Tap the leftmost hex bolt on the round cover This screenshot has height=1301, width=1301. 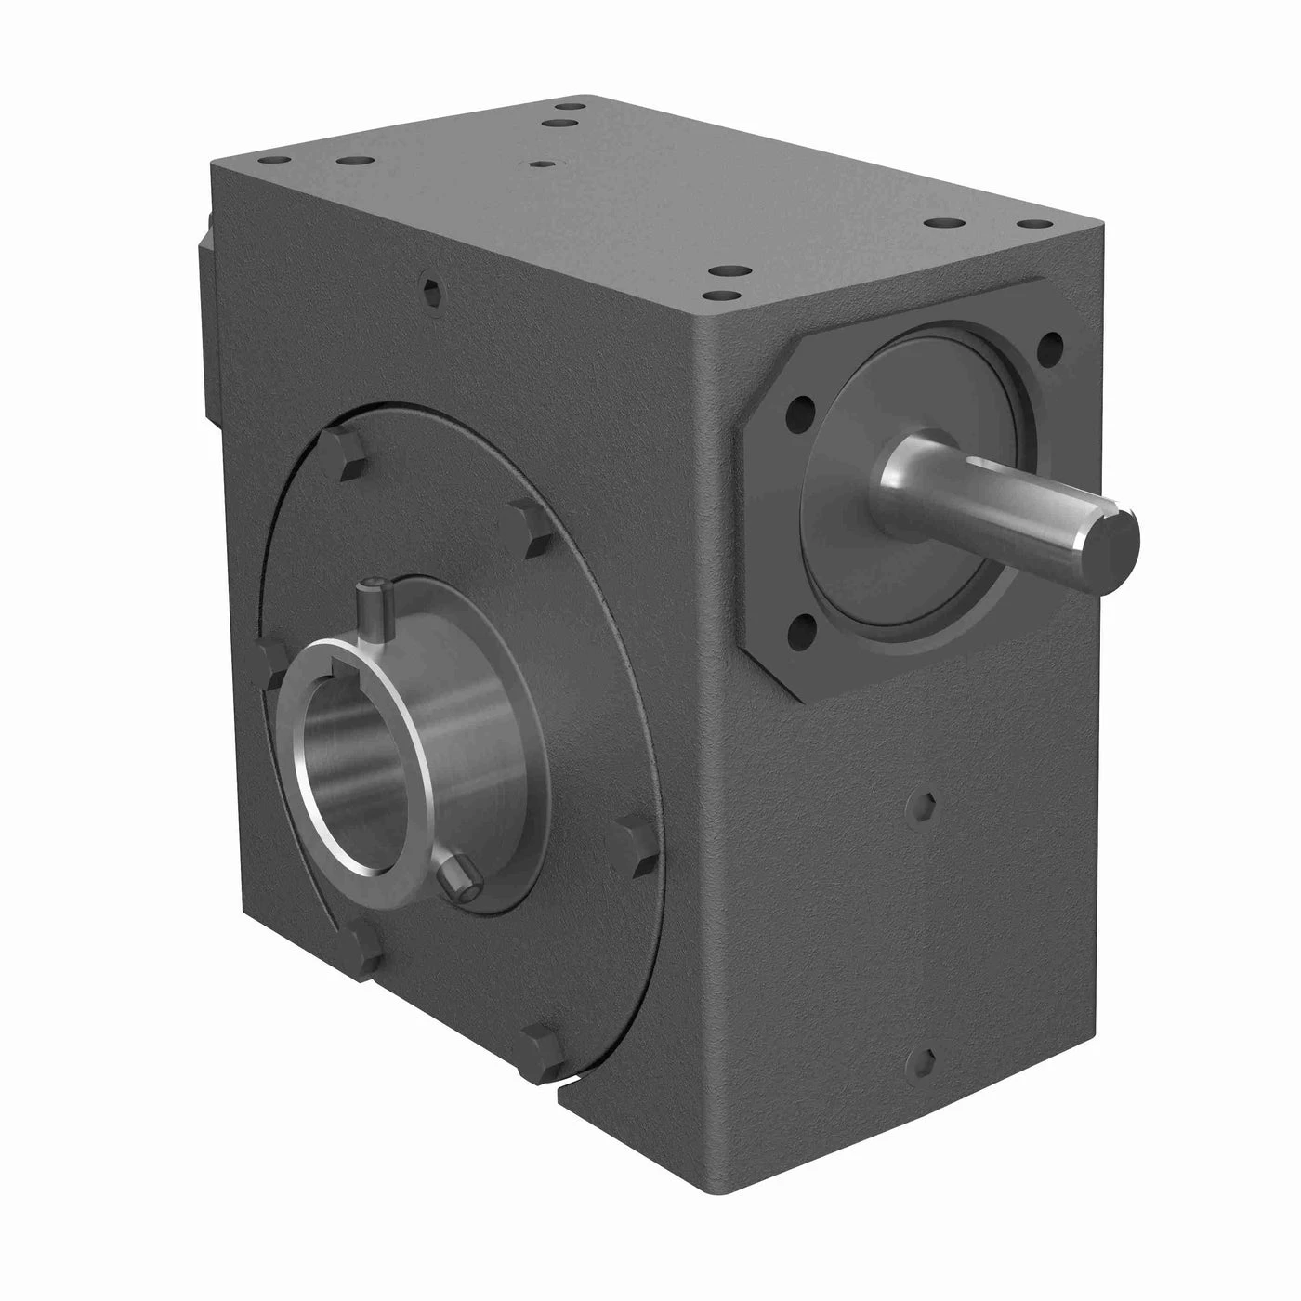(x=272, y=660)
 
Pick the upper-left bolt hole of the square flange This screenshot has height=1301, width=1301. (x=798, y=410)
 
